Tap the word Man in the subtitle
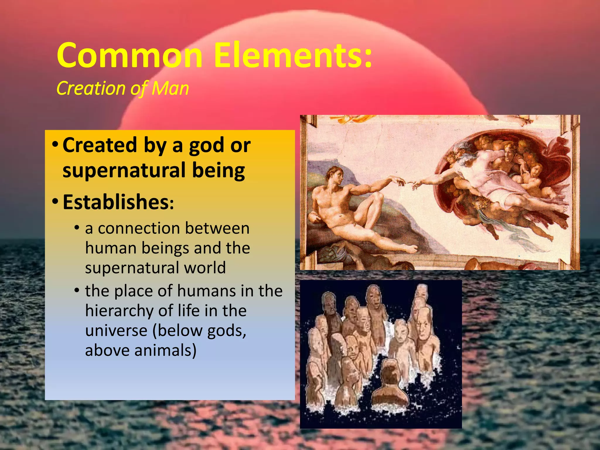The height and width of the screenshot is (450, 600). [x=170, y=88]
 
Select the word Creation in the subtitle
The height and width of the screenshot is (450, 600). [x=92, y=88]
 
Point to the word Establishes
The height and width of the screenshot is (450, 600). [x=116, y=202]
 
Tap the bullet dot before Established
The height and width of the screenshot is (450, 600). [x=55, y=202]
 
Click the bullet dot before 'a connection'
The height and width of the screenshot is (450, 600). [x=77, y=228]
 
